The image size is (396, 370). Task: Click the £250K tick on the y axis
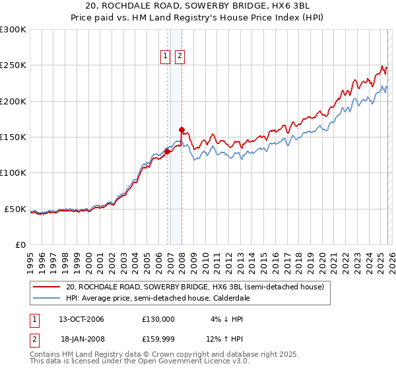pos(13,65)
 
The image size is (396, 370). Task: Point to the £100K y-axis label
pos(13,173)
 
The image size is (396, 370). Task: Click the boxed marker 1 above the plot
pos(164,57)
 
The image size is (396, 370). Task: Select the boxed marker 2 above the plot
pos(179,57)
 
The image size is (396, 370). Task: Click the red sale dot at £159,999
pos(181,129)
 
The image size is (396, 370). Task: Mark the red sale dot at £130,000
pos(167,151)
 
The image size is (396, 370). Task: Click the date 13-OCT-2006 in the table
pos(81,319)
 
